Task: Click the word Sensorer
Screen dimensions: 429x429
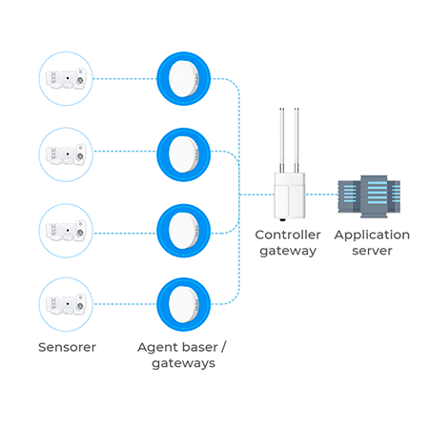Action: pyautogui.click(x=67, y=347)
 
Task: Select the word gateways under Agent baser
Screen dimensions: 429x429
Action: pyautogui.click(x=183, y=363)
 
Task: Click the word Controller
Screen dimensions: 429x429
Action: pyautogui.click(x=288, y=235)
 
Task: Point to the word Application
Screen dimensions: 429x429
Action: pyautogui.click(x=372, y=235)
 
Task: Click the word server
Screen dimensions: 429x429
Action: pyautogui.click(x=372, y=251)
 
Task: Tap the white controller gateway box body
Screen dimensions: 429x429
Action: pyautogui.click(x=290, y=195)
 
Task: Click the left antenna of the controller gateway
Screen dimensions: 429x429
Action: pyautogui.click(x=282, y=140)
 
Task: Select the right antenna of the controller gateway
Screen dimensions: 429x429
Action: pyautogui.click(x=296, y=140)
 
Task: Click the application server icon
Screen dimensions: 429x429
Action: pyautogui.click(x=369, y=196)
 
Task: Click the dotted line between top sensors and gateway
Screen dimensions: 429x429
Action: pyautogui.click(x=125, y=78)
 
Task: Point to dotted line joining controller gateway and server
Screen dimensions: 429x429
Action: pyautogui.click(x=321, y=194)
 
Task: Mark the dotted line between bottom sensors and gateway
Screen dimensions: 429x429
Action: pyautogui.click(x=125, y=304)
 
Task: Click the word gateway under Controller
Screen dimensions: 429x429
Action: pyautogui.click(x=288, y=251)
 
